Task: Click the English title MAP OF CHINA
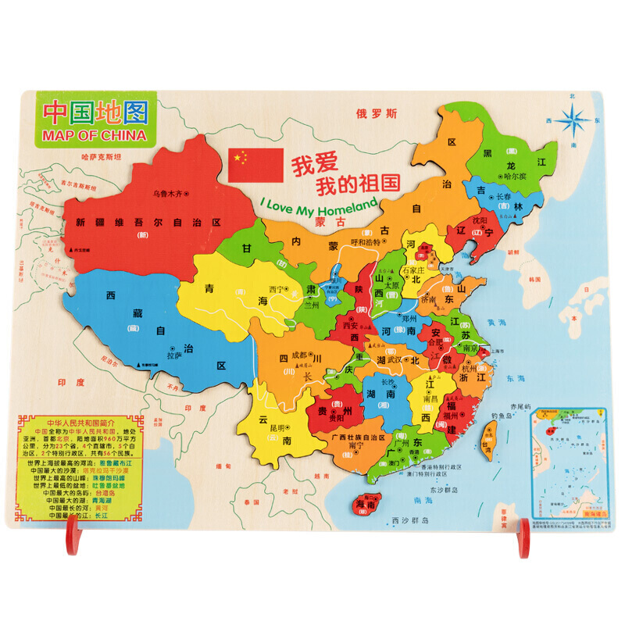coord(91,134)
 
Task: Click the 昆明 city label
coord(278,427)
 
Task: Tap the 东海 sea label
coord(516,378)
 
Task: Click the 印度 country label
coord(70,383)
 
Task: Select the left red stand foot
coord(73,537)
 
